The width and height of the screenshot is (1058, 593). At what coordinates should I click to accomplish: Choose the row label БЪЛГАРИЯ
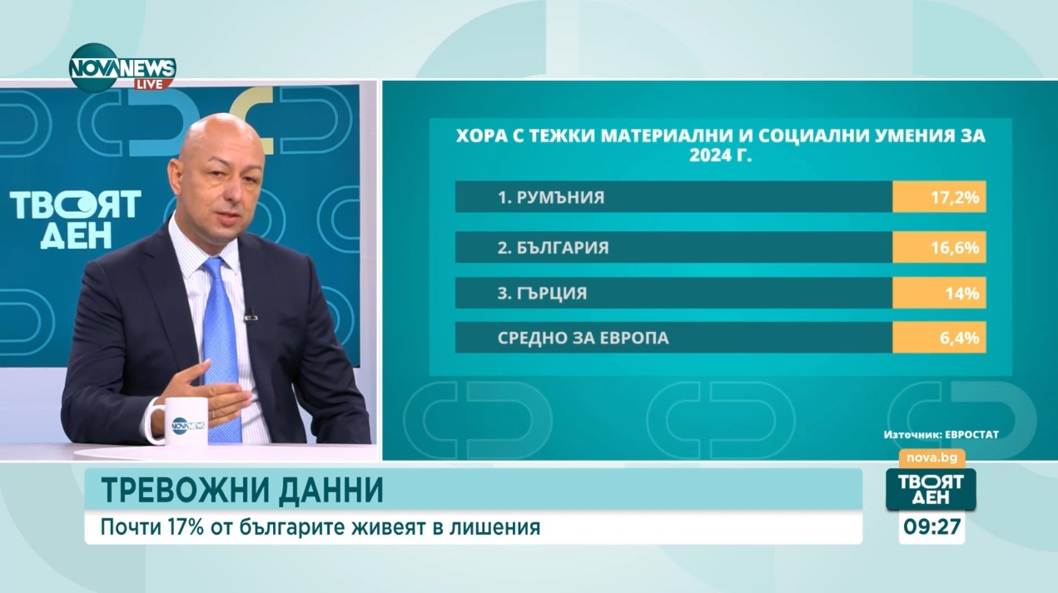click(x=553, y=247)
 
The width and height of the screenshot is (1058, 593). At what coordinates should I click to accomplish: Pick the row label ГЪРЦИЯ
click(x=542, y=293)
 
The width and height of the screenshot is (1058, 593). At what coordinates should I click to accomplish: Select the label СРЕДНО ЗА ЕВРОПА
click(x=583, y=339)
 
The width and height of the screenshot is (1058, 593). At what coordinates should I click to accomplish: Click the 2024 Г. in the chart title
click(x=721, y=155)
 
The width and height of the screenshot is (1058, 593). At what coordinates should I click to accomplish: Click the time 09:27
click(x=931, y=527)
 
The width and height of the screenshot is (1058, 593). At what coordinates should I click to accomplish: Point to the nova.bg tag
click(x=931, y=457)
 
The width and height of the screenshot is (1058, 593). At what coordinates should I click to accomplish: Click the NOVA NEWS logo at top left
click(x=122, y=66)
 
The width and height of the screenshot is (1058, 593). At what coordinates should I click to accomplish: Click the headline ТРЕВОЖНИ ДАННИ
click(x=242, y=491)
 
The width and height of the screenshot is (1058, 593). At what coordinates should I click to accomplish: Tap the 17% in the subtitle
click(x=167, y=527)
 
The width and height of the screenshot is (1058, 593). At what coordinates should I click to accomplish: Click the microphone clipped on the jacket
click(x=250, y=314)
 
